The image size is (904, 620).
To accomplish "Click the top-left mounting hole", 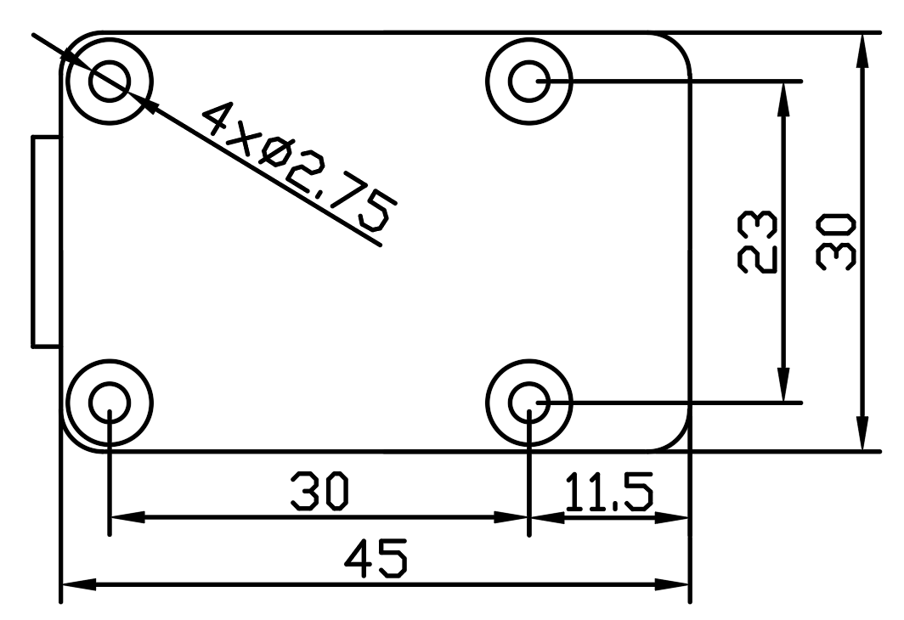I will coord(110,82).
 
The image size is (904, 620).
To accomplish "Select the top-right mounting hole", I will coord(529,82).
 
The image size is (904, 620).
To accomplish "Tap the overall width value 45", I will coord(375,558).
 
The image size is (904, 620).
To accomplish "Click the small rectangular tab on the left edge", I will coord(45,240).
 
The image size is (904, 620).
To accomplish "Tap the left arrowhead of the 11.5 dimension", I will coord(545,516).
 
